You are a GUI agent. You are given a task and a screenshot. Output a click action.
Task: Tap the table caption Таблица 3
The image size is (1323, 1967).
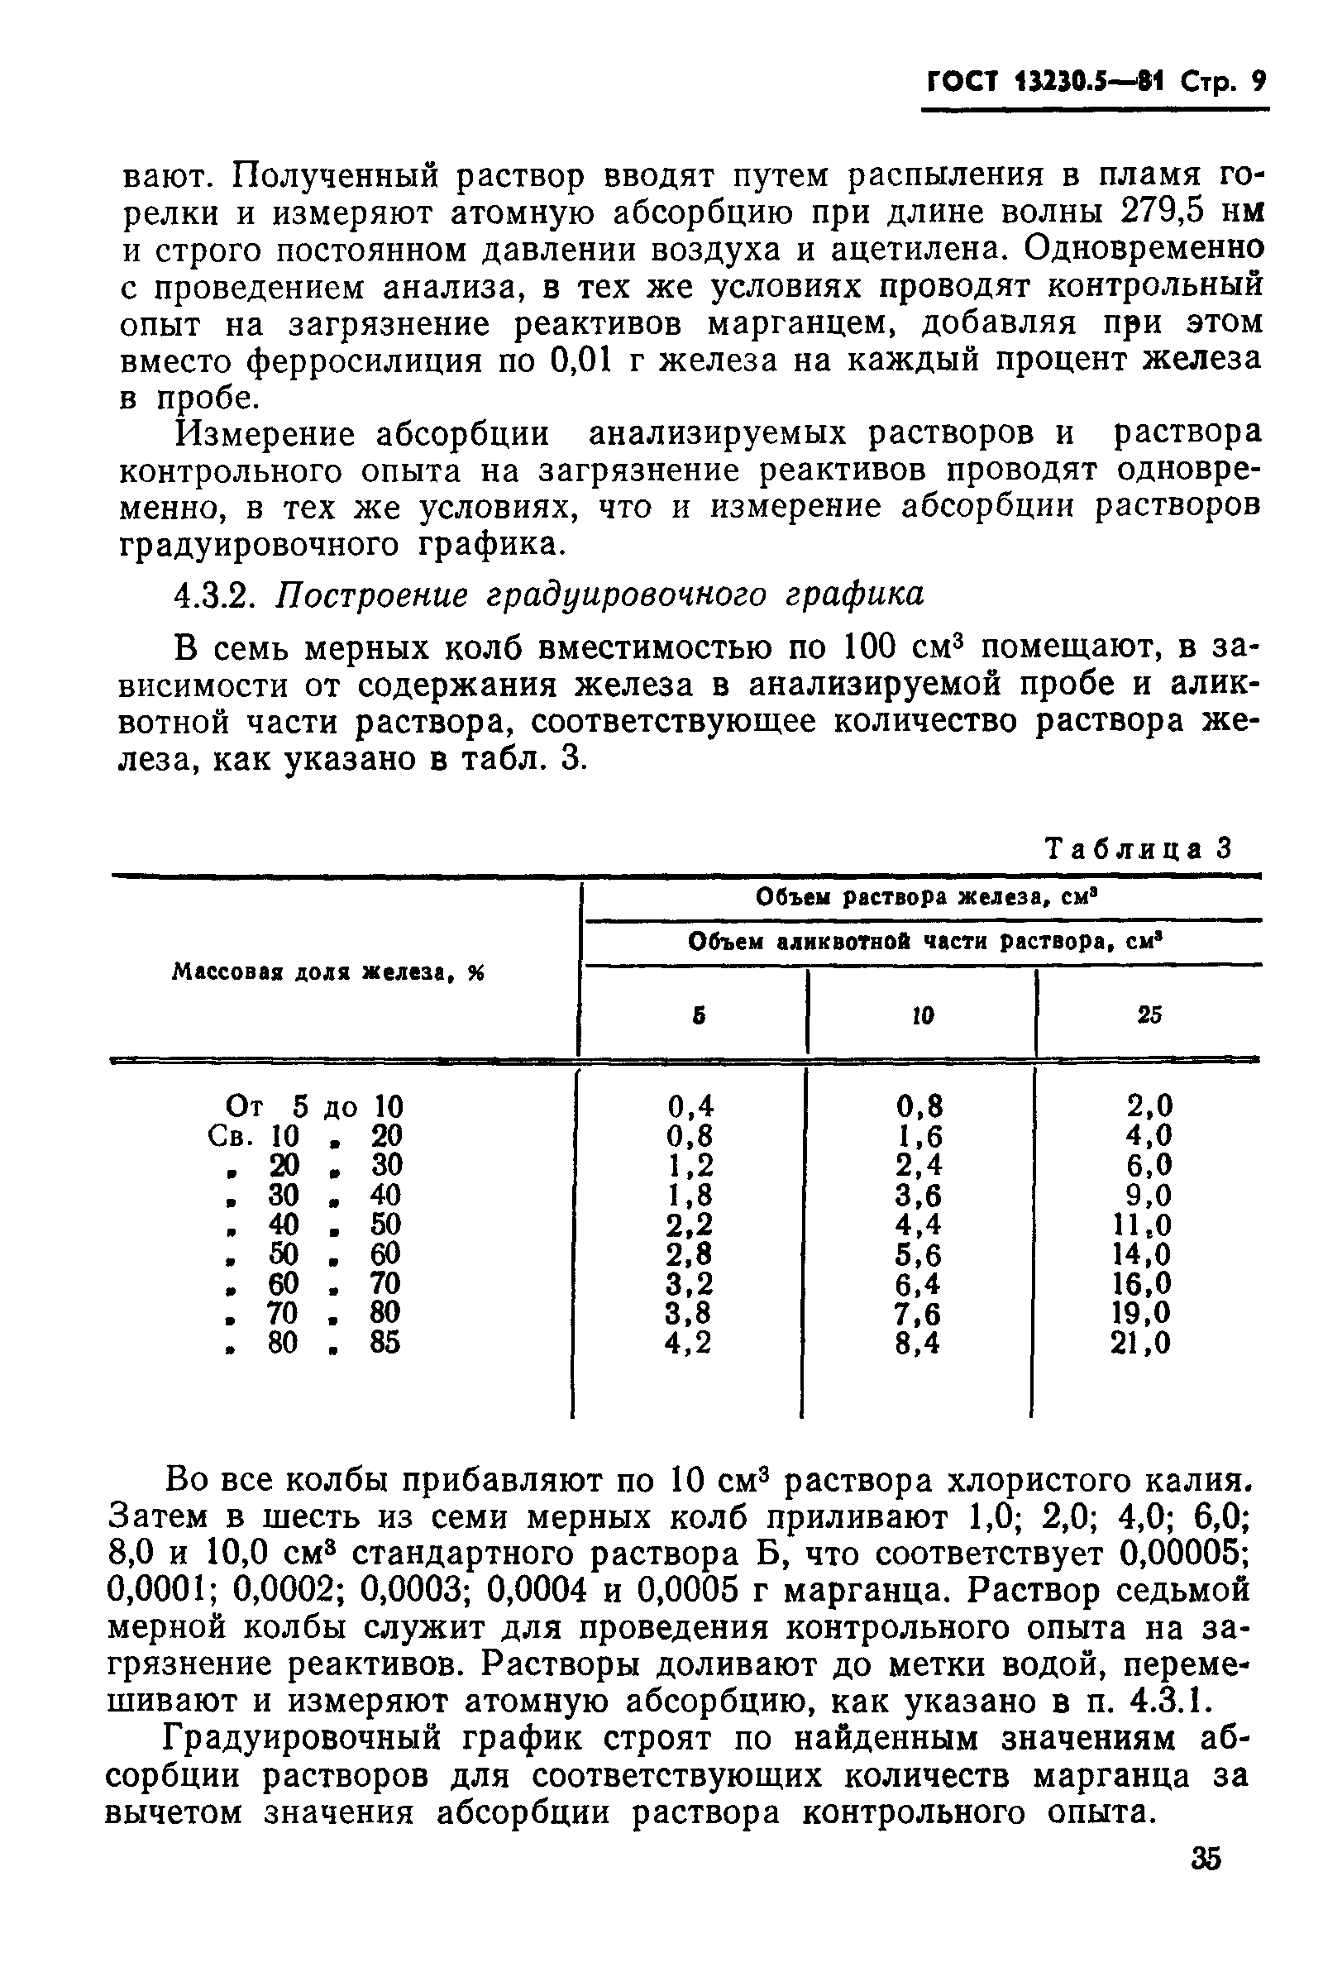[1139, 848]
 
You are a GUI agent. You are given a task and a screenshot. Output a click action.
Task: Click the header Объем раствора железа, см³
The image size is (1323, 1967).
[923, 897]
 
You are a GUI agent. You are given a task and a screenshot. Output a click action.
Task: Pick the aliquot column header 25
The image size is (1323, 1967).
[1149, 1015]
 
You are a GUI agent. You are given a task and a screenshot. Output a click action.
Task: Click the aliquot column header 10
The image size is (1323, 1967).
[923, 1015]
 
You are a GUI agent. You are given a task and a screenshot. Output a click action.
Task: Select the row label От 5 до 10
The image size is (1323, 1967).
[314, 1105]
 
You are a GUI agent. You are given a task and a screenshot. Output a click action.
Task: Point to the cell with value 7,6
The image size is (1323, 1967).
[919, 1312]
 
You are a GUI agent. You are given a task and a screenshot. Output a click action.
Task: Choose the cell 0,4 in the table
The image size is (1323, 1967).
[690, 1105]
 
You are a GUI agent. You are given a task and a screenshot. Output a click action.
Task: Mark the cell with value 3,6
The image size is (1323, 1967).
[919, 1196]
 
